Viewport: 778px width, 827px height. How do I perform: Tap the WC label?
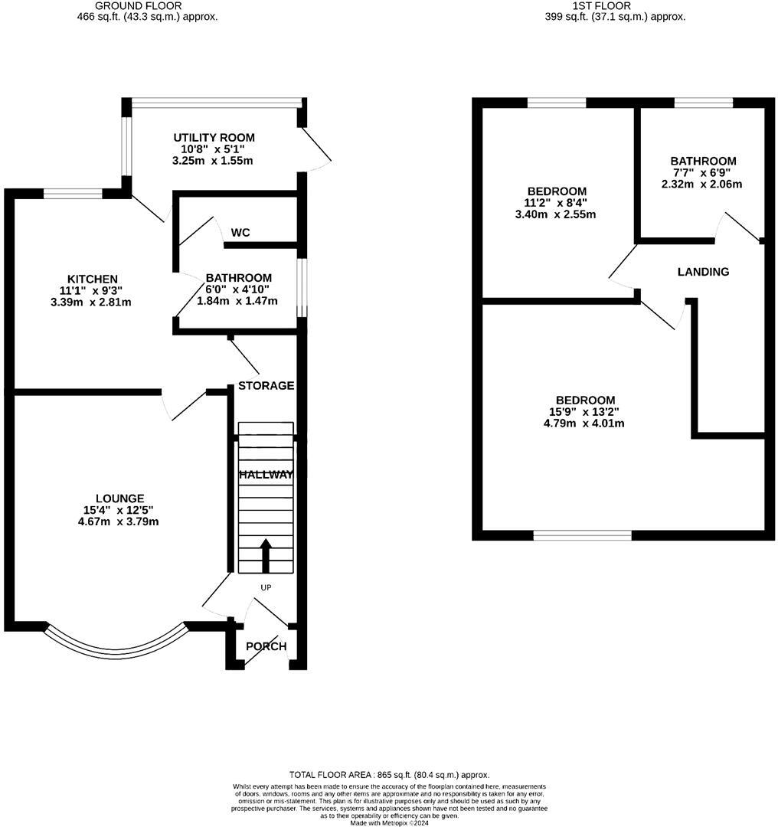pos(240,232)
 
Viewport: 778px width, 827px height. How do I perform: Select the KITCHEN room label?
pos(92,279)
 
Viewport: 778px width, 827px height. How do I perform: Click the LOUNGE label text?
pos(115,498)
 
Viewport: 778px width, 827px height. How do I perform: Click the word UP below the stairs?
pos(266,588)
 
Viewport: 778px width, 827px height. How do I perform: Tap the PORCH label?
pos(266,646)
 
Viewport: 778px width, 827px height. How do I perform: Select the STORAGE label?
pos(266,385)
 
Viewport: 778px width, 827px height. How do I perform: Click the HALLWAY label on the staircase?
pos(266,475)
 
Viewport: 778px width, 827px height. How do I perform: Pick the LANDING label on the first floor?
pos(703,272)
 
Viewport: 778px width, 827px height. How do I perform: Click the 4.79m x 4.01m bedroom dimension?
pos(585,423)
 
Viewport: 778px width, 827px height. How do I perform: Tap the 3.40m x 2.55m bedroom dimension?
pos(557,214)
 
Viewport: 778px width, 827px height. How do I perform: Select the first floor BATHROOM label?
pos(703,161)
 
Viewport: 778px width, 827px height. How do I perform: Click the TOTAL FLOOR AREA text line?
pos(389,775)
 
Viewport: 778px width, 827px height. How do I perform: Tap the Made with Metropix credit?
pos(389,823)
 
